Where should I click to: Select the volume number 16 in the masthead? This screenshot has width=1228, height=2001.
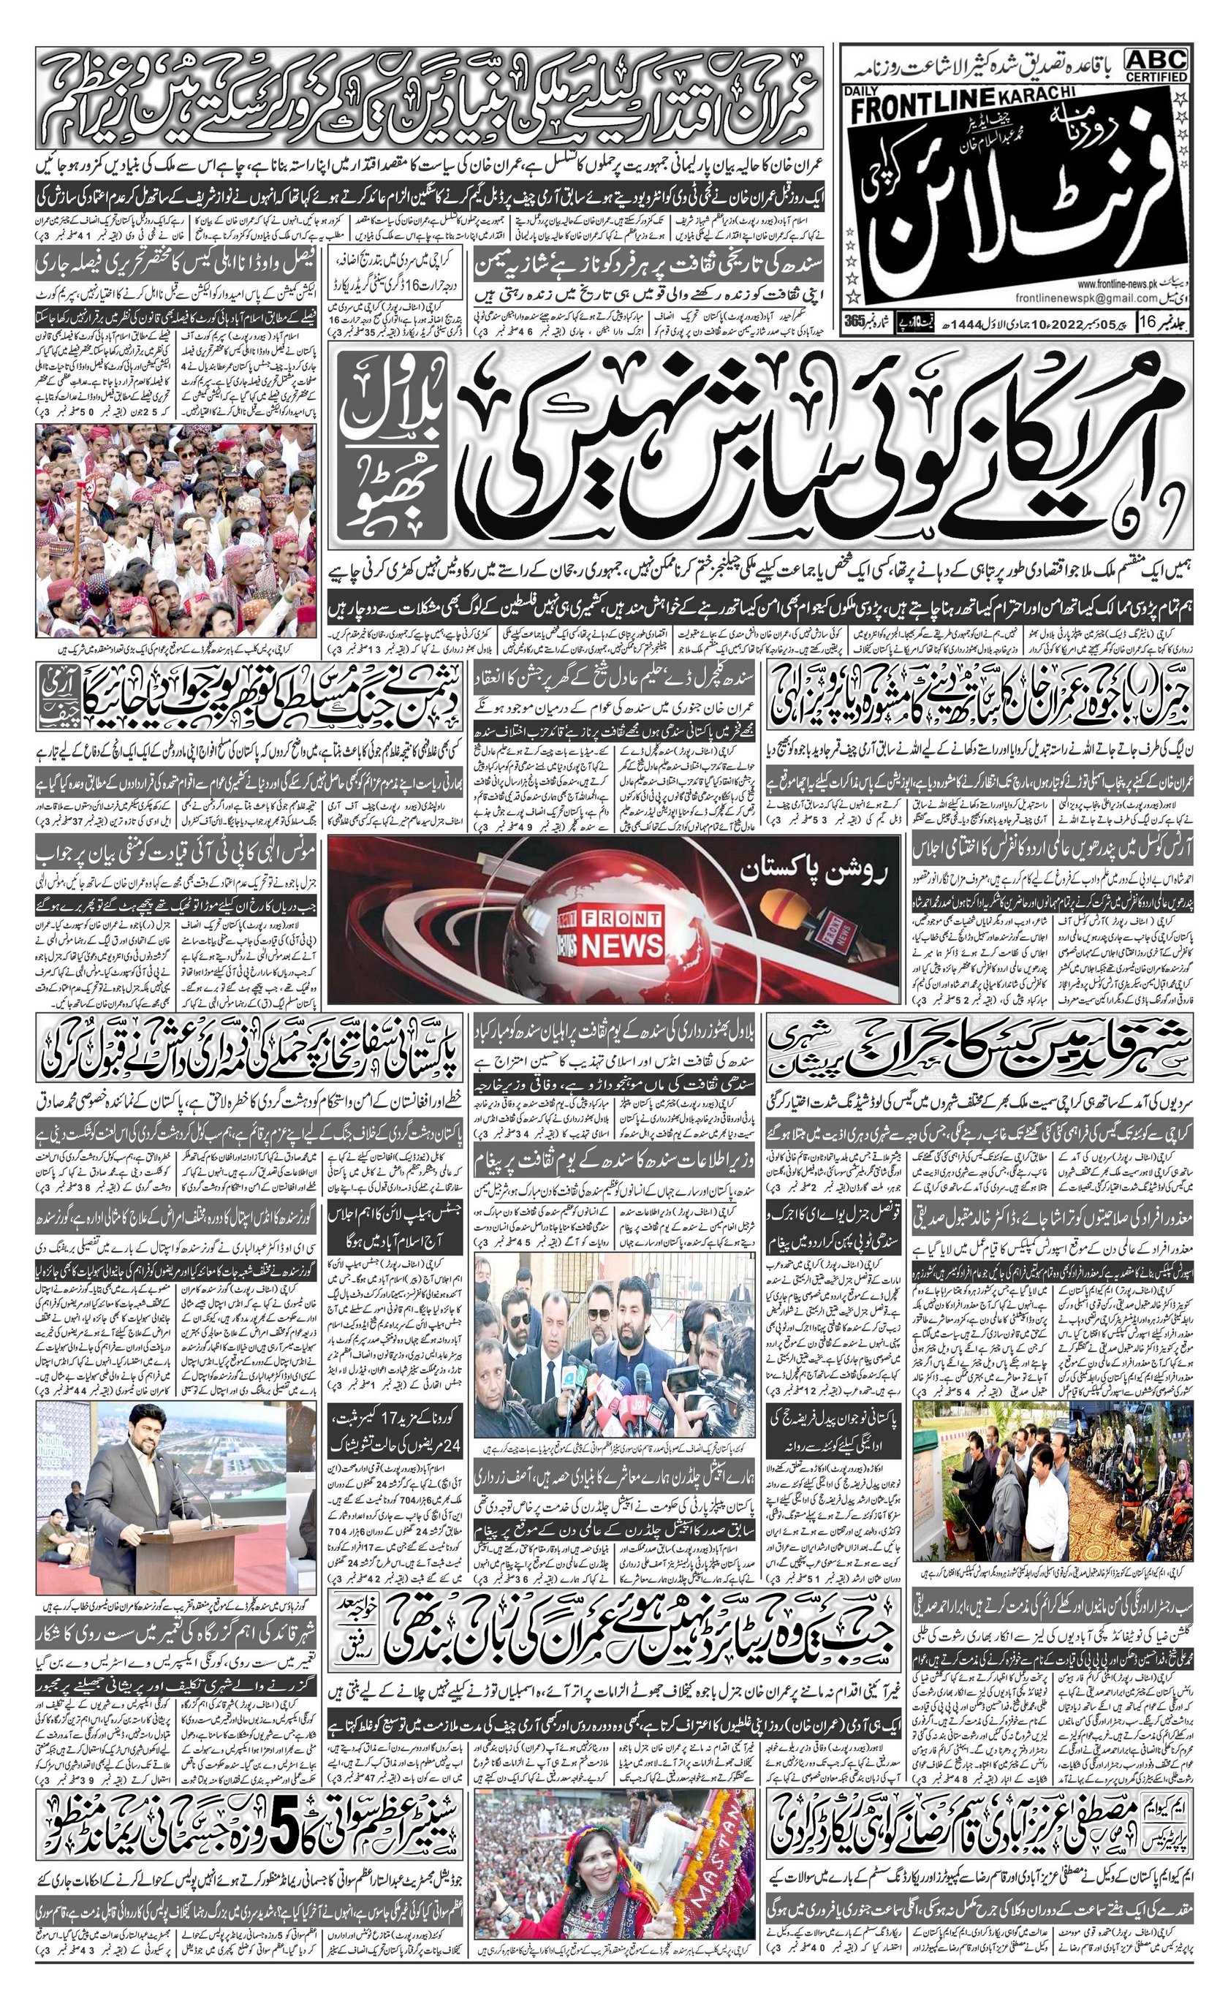click(x=1152, y=321)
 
